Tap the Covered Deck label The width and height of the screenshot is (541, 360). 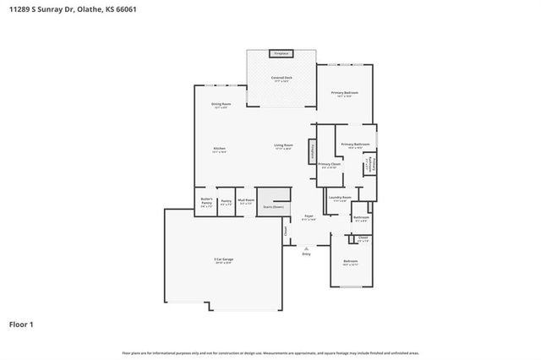[x=281, y=79]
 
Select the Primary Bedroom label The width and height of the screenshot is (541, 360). [x=345, y=93]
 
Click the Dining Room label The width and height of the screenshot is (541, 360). [x=221, y=105]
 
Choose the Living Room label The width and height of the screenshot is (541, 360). [x=283, y=146]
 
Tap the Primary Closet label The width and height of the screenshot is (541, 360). [x=329, y=166]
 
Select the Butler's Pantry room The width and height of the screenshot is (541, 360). [x=206, y=202]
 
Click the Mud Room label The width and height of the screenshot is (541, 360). [x=246, y=201]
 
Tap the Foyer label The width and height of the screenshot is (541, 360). [x=309, y=217]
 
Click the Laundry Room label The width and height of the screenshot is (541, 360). [x=341, y=199]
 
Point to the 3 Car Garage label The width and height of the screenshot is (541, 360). [x=223, y=260]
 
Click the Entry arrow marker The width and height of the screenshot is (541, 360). [x=307, y=248]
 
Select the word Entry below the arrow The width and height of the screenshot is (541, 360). [x=307, y=254]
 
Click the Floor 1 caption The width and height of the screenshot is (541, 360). [x=21, y=324]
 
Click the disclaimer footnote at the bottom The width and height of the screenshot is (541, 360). [x=270, y=352]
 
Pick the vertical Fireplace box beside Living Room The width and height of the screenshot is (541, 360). [x=313, y=150]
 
